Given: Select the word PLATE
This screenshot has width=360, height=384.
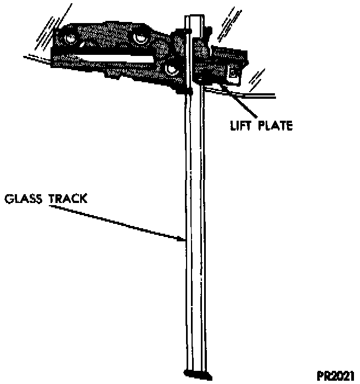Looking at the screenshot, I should coord(274,126).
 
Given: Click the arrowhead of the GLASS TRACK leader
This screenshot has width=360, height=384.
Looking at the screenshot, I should coord(184,239).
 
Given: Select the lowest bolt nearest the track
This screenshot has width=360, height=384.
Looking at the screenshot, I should coord(172,69).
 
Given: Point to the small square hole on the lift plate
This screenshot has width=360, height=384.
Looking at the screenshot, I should coord(233,72).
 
